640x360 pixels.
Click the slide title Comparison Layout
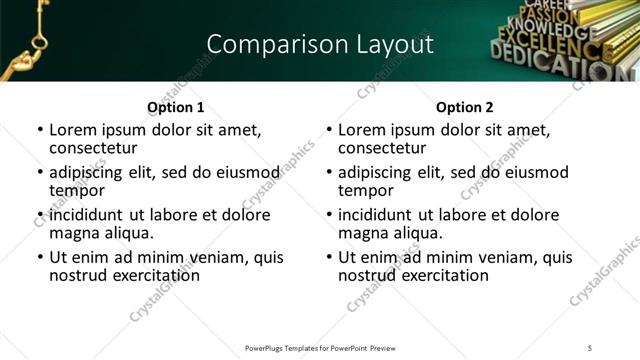320,44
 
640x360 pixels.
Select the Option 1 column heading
175,107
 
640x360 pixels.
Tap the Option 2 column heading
464,107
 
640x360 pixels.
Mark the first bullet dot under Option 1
39,131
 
